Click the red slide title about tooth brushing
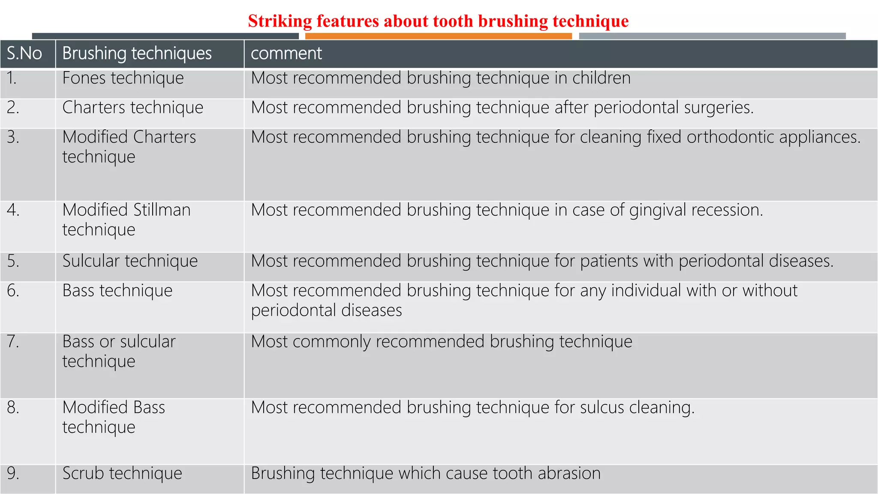438,21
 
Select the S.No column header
24,54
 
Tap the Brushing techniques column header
137,54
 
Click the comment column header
286,54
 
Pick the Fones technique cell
123,78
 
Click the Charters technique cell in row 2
132,108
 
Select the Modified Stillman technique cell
126,220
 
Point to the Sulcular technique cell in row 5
130,261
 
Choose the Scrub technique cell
122,473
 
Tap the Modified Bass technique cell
114,417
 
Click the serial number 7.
13,342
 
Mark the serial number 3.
13,137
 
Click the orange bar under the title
438,36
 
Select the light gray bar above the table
712,36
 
